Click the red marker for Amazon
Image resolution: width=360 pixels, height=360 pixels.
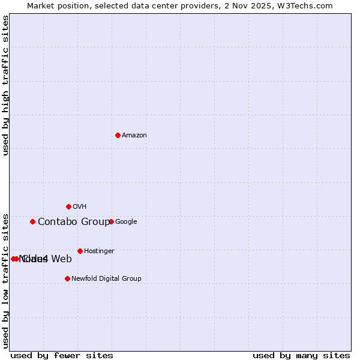118,135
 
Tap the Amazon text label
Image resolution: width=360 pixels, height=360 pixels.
134,136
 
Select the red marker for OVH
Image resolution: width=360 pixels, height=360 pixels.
68,206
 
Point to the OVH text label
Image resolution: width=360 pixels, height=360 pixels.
80,207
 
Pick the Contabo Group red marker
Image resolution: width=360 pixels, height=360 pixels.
32,221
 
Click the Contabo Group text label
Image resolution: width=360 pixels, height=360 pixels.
73,222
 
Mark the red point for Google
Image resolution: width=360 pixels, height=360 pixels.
111,221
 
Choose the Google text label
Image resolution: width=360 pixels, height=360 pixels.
126,222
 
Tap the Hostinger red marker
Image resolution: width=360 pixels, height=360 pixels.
80,251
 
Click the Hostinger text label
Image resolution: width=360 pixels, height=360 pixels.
99,251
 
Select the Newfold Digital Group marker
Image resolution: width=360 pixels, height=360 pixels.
67,278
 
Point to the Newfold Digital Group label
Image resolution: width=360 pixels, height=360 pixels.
106,279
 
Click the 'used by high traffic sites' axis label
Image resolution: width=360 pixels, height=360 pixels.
5,85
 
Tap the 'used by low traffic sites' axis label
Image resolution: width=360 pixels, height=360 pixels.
5,280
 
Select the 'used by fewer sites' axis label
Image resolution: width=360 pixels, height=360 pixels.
62,355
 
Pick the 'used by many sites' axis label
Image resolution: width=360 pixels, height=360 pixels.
301,355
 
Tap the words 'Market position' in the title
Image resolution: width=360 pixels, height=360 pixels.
56,5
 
